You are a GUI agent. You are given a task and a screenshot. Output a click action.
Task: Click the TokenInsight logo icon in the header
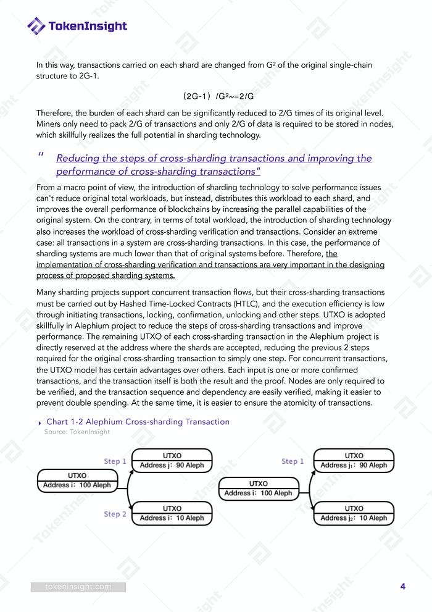coord(36,25)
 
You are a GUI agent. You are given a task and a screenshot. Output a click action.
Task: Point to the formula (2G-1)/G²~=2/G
coord(218,96)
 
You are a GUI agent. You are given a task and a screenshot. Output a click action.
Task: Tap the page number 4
coord(402,587)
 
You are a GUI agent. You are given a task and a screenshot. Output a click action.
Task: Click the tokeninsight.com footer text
coord(78,587)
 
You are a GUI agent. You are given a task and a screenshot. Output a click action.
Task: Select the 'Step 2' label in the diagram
coord(115,514)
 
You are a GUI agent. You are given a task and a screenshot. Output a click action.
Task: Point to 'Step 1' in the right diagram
coord(293,461)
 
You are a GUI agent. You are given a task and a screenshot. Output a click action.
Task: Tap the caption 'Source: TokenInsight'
coord(77,432)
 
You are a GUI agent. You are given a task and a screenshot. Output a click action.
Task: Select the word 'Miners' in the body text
coord(49,124)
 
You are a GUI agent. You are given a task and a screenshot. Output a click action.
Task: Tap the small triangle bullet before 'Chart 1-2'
coord(40,422)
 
